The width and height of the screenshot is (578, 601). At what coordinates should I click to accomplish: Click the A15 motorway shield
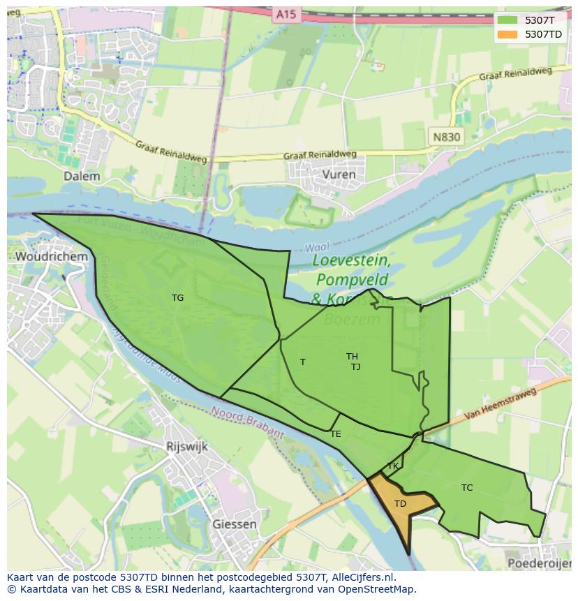285,14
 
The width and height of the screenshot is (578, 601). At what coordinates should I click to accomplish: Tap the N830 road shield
446,137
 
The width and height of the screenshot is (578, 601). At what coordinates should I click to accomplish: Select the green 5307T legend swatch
507,20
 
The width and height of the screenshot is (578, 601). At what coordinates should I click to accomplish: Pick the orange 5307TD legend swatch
507,34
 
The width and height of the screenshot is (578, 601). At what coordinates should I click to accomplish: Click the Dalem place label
82,177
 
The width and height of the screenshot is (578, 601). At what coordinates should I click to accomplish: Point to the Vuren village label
339,175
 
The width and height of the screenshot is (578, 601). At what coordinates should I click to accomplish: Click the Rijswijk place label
187,447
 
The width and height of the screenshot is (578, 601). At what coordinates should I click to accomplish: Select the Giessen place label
234,524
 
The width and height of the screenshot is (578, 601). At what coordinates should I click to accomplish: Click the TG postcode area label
178,298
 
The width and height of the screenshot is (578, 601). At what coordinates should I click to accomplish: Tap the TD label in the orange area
400,504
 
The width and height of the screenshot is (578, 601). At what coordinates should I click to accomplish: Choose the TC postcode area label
467,488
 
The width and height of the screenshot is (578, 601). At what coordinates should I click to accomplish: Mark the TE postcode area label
336,434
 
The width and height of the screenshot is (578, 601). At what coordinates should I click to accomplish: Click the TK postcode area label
393,466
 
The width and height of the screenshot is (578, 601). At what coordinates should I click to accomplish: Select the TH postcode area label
352,357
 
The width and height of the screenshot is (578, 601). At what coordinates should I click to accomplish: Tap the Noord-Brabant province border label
248,423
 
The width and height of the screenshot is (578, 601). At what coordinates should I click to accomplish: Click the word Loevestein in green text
351,260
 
